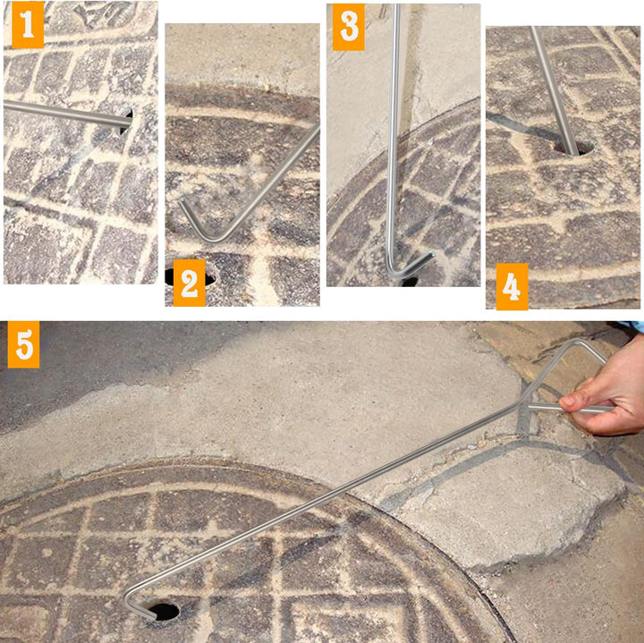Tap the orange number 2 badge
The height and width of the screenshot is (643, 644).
click(190, 283)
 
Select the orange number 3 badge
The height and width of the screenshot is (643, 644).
click(348, 27)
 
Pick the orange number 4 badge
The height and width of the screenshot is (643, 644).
click(513, 286)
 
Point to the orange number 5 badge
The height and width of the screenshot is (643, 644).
click(24, 344)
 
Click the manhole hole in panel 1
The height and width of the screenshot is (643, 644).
click(127, 121)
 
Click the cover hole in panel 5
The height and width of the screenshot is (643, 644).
click(165, 612)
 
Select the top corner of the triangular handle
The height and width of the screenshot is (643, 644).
click(576, 341)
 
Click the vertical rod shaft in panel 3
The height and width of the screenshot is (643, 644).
click(394, 136)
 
